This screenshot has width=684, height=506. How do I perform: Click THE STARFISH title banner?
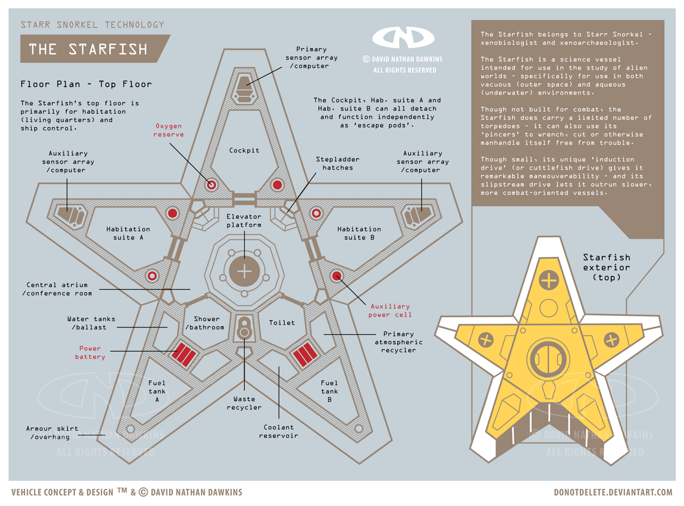pyautogui.click(x=89, y=49)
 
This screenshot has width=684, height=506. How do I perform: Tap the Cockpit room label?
pyautogui.click(x=244, y=150)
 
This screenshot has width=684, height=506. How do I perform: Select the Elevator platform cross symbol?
pyautogui.click(x=244, y=271)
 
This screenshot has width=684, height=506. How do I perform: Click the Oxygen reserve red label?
pyautogui.click(x=168, y=131)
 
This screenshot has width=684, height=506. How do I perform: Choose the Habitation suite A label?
pyautogui.click(x=128, y=233)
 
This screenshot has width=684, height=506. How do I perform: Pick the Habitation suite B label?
pyautogui.click(x=359, y=233)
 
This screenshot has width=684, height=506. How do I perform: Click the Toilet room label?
pyautogui.click(x=282, y=323)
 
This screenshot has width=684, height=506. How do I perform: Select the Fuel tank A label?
pyautogui.click(x=157, y=391)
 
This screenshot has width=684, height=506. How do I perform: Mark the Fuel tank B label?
pyautogui.click(x=329, y=391)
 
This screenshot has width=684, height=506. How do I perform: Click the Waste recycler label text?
pyautogui.click(x=244, y=403)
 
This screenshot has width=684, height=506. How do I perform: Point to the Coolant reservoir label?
pyautogui.click(x=279, y=431)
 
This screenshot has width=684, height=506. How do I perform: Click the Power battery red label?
pyautogui.click(x=90, y=353)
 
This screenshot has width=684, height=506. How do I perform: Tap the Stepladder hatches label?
pyautogui.click(x=338, y=163)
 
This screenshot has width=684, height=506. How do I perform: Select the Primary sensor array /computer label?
pyautogui.click(x=311, y=57)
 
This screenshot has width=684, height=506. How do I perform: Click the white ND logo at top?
pyautogui.click(x=403, y=38)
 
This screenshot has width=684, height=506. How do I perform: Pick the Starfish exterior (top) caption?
pyautogui.click(x=606, y=267)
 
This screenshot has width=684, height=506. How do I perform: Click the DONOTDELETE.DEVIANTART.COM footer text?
pyautogui.click(x=612, y=492)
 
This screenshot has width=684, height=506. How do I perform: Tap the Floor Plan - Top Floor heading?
pyautogui.click(x=86, y=85)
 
